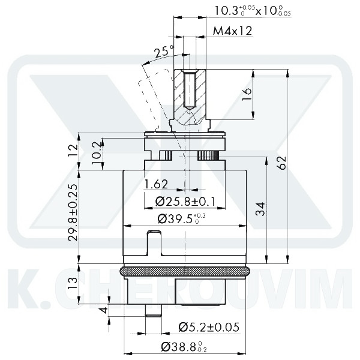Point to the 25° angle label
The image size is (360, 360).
click(163, 52)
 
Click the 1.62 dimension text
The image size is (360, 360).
click(156, 184)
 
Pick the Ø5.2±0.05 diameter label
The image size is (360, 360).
click(209, 327)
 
